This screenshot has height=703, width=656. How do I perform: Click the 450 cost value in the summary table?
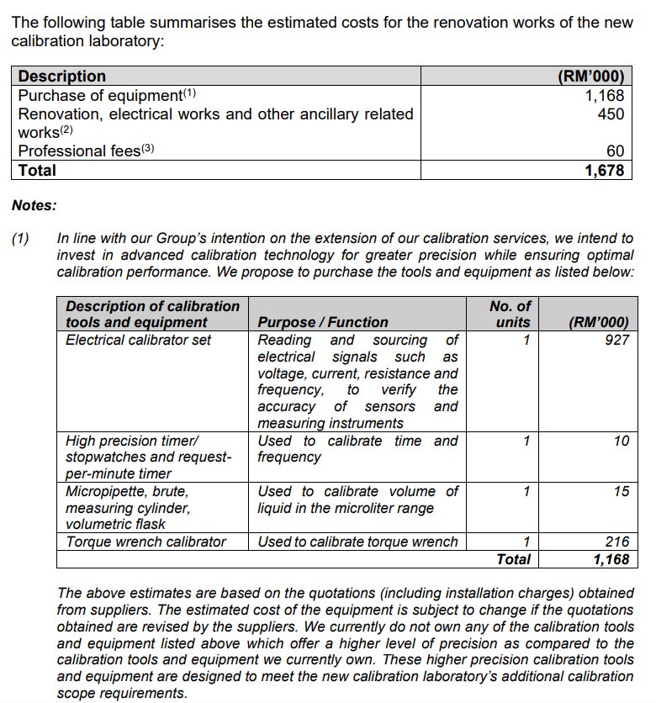[x=611, y=114]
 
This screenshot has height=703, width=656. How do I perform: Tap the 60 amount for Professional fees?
[x=616, y=151]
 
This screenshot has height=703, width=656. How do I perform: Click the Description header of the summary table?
[x=62, y=77]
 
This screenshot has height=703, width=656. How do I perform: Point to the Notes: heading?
[x=34, y=204]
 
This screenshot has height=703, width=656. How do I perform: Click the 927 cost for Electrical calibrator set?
[x=616, y=340]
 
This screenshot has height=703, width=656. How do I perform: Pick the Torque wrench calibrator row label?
[x=145, y=542]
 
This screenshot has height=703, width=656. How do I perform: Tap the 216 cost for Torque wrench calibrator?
[x=616, y=542]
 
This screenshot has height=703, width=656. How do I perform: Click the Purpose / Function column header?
[x=323, y=322]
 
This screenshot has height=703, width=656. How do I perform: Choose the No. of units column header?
[x=510, y=314]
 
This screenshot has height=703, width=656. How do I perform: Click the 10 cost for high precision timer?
[x=621, y=441]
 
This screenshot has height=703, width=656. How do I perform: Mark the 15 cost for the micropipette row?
[x=621, y=491]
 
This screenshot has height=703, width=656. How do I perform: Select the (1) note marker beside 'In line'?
[x=20, y=239]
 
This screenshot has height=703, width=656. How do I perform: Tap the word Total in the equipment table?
[x=513, y=559]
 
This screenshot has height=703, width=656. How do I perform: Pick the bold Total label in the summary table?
[x=37, y=170]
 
